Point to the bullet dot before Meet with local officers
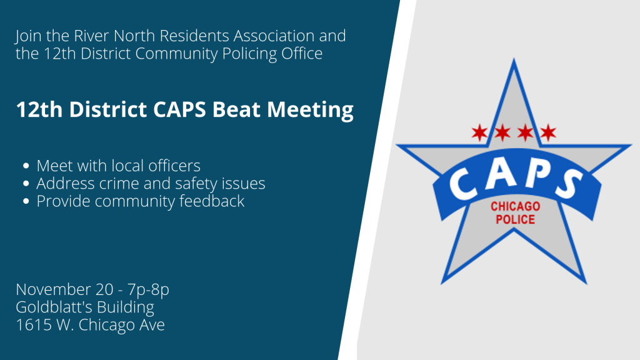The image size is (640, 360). pyautogui.click(x=26, y=167)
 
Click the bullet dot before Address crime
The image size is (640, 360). pyautogui.click(x=26, y=184)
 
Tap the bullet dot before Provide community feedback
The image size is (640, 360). pyautogui.click(x=26, y=202)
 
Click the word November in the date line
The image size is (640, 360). pyautogui.click(x=53, y=290)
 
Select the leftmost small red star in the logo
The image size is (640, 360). pyautogui.click(x=479, y=132)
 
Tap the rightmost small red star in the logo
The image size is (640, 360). pyautogui.click(x=548, y=132)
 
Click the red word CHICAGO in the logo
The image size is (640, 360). pyautogui.click(x=515, y=207)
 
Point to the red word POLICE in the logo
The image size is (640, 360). pyautogui.click(x=515, y=219)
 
